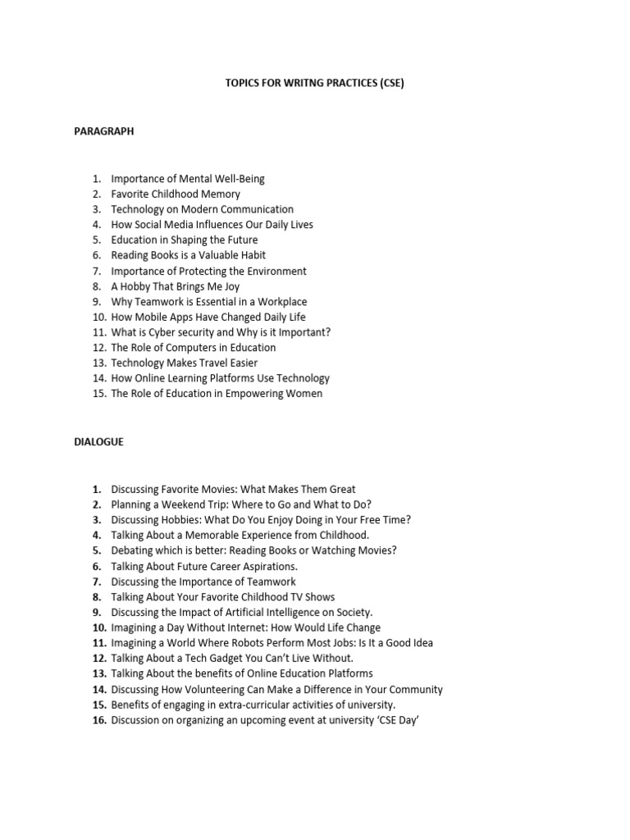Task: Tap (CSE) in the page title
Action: (x=391, y=84)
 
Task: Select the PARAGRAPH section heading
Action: (x=103, y=131)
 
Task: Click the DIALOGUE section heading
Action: (x=98, y=441)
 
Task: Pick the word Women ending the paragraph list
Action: (x=305, y=394)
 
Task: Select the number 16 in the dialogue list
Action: (x=99, y=720)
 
